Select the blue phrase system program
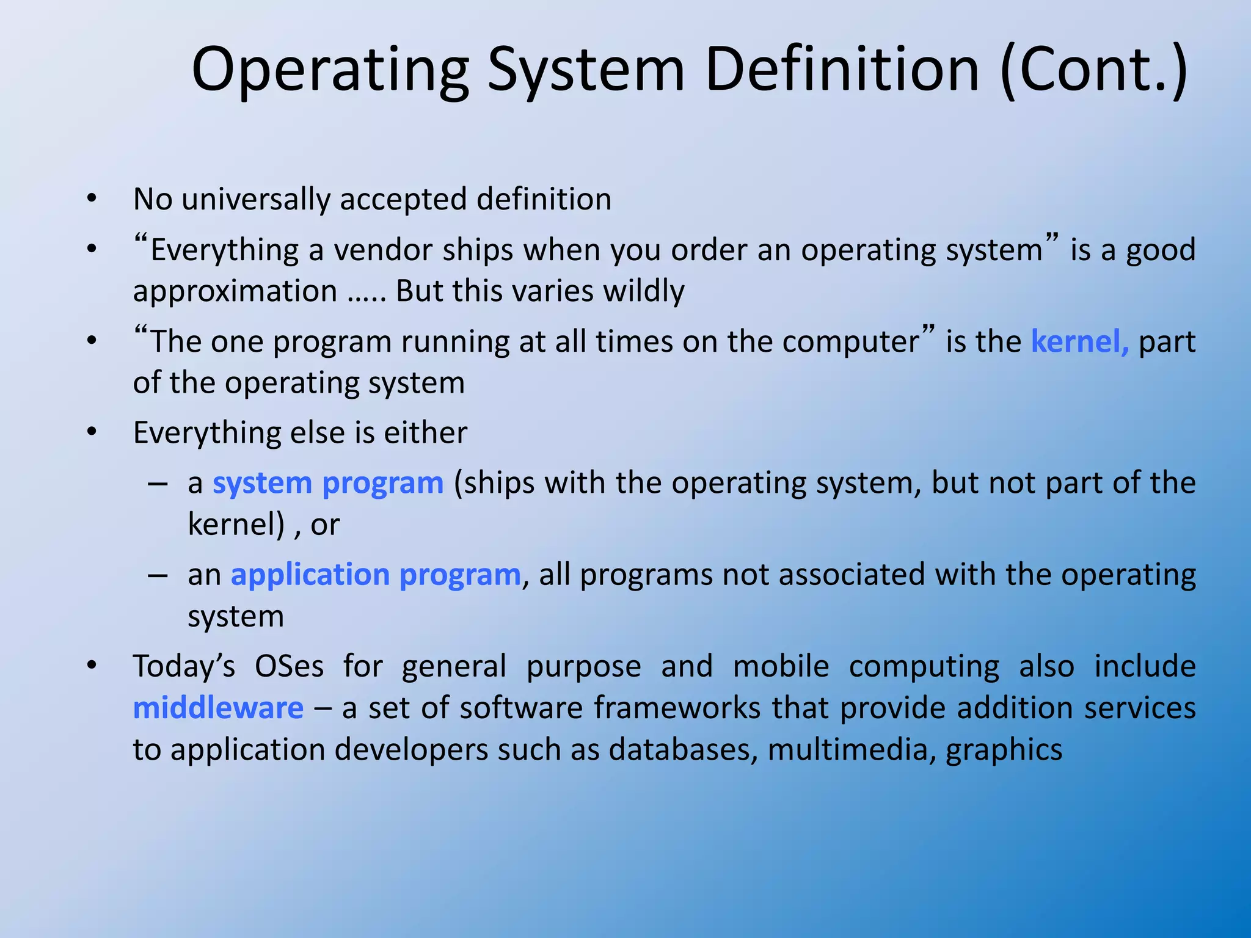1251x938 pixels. [x=328, y=484]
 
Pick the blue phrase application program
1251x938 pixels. [x=376, y=575]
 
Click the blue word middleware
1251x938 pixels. [x=218, y=708]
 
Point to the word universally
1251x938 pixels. [x=255, y=200]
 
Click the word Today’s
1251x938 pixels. [x=184, y=666]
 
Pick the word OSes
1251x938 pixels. [x=289, y=666]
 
